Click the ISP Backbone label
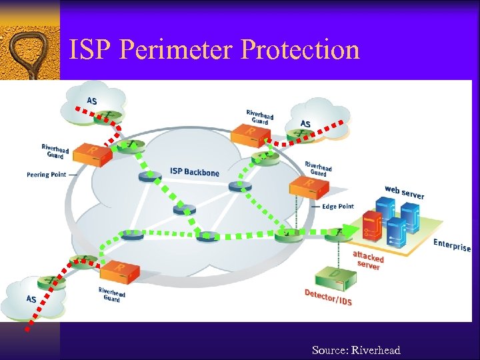194,172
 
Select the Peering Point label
47,175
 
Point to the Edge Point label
338,207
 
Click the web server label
404,192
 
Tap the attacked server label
368,260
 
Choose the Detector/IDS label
328,297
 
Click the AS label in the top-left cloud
91,101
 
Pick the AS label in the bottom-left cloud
31,299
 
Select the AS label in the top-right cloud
305,124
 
